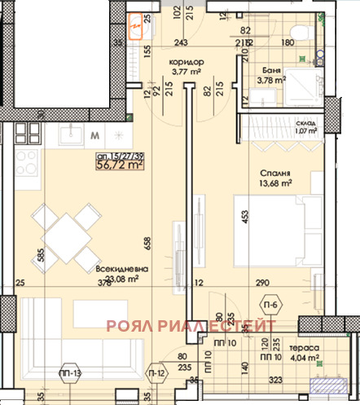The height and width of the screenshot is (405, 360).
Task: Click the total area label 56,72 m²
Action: (120, 164)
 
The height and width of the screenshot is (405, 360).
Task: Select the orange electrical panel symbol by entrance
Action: (138, 29)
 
